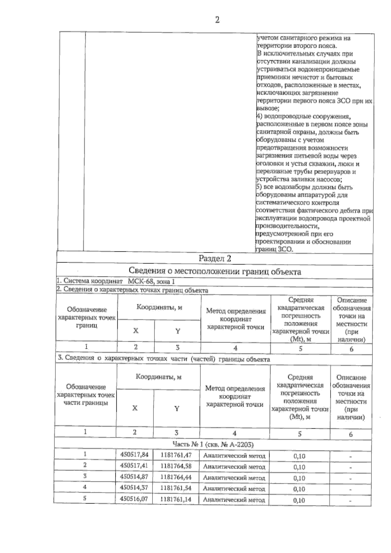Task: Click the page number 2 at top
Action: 217,20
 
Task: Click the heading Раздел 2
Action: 215,259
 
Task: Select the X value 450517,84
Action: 134,455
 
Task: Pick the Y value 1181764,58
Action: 176,466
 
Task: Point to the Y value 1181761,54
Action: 176,488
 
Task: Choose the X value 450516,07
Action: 134,499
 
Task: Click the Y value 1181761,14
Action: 176,499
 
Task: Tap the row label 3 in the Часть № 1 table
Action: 85,476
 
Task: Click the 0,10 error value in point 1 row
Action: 299,456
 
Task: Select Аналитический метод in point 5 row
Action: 234,500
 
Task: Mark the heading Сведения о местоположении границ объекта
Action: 215,271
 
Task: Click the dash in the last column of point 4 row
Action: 350,489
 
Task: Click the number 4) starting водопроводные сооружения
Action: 259,117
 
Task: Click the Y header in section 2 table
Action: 178,331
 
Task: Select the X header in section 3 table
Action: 135,408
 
